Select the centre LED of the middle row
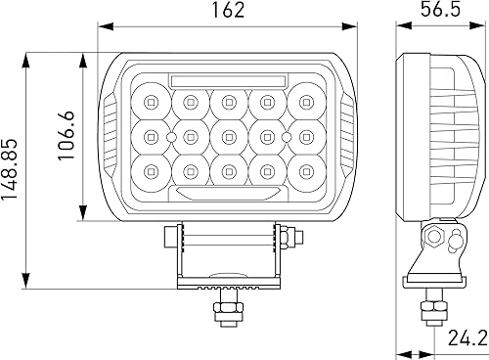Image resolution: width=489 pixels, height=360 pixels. [x=227, y=136]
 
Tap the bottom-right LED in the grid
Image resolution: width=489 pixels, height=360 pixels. [x=303, y=172]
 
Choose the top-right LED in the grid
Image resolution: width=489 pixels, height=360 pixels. [x=303, y=101]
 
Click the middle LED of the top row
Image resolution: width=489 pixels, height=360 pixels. [x=227, y=101]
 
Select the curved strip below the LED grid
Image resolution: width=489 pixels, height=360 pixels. [x=227, y=194]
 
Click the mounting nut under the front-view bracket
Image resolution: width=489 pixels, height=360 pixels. [x=226, y=309]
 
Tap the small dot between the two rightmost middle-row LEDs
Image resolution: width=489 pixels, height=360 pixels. [x=284, y=136]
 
